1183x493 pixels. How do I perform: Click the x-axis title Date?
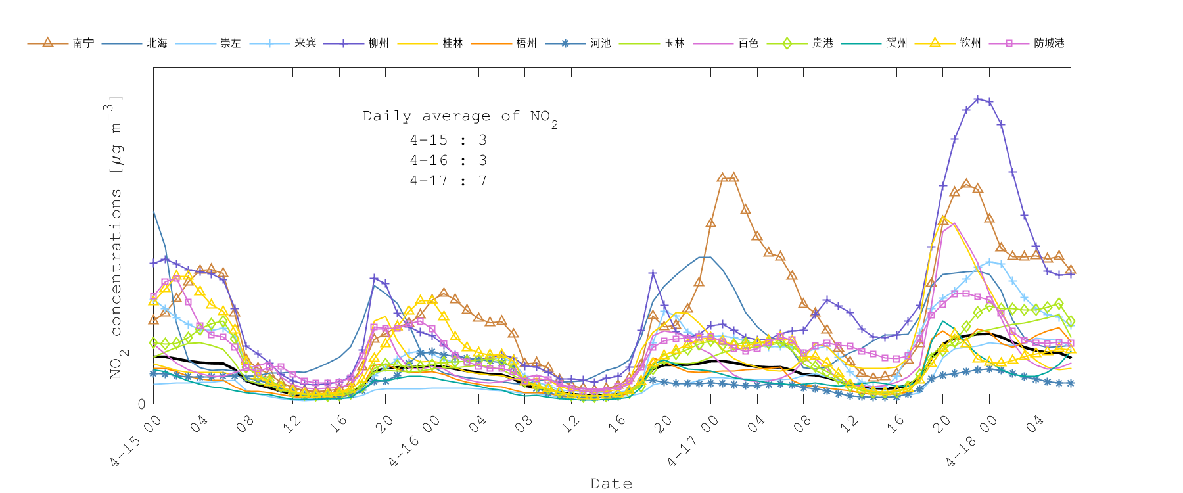pos(611,484)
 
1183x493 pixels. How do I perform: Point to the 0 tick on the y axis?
pos(142,404)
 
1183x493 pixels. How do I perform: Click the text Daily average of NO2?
pos(460,117)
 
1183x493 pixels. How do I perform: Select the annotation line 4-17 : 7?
pos(448,181)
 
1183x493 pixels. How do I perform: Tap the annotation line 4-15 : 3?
pos(448,140)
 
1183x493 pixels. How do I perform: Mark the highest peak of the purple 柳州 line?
pos(978,99)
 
